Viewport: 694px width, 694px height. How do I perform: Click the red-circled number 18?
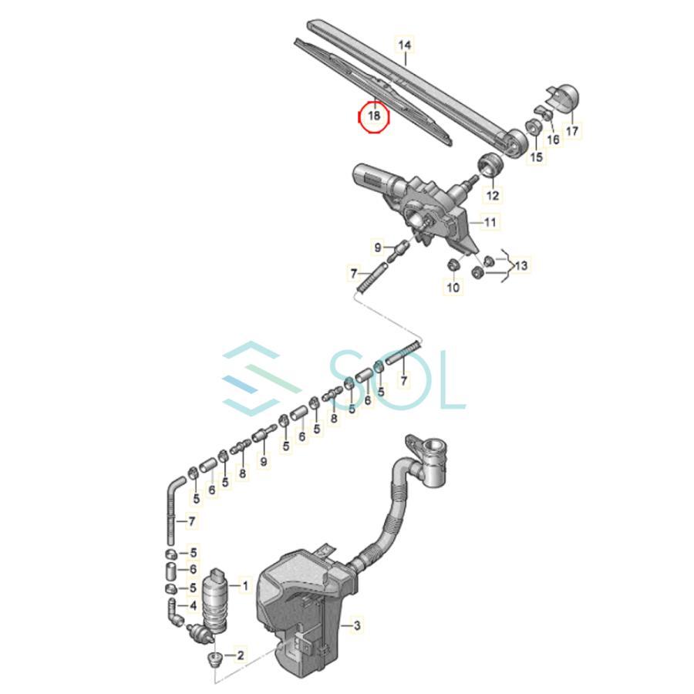click(374, 116)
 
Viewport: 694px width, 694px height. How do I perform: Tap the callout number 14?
click(405, 45)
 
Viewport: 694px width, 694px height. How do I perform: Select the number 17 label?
click(572, 131)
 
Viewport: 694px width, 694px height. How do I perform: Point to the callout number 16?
click(553, 140)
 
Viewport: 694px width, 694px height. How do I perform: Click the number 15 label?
click(536, 157)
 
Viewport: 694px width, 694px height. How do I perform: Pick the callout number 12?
click(492, 195)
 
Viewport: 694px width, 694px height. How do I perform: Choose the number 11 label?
click(490, 222)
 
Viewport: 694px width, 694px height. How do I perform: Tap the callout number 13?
click(521, 265)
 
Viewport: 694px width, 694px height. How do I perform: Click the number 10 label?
click(453, 288)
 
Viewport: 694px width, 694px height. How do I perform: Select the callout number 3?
click(357, 625)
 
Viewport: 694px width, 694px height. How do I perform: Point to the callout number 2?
click(241, 655)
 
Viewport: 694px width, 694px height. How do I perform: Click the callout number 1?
click(244, 586)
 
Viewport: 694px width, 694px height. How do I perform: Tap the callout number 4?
click(193, 605)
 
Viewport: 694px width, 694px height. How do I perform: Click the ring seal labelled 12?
click(490, 165)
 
